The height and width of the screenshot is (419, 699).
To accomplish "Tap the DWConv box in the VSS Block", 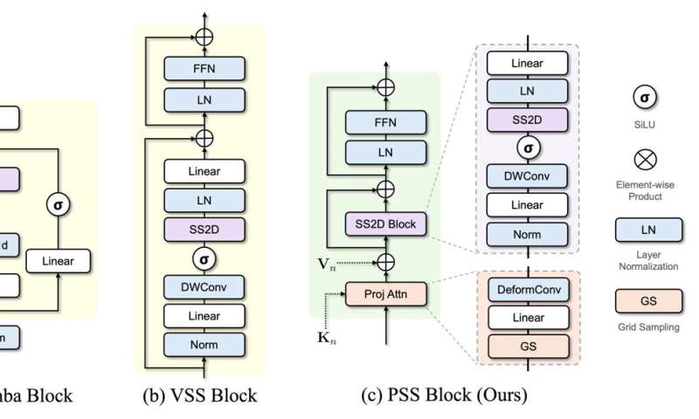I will [204, 285].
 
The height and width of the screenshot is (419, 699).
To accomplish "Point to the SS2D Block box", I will [384, 224].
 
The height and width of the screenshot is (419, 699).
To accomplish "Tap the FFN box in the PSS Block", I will [384, 121].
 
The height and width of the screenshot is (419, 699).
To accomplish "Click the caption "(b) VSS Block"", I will [200, 395].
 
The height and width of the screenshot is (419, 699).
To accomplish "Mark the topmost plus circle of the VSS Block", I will [204, 37].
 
